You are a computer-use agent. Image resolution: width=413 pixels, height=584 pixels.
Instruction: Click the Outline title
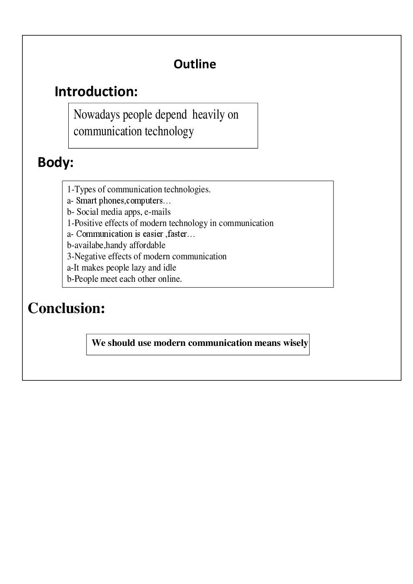pyautogui.click(x=194, y=64)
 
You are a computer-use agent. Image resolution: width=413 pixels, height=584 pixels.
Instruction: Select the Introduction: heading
pyautogui.click(x=96, y=92)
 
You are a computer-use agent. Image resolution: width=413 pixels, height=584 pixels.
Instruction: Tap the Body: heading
pyautogui.click(x=55, y=162)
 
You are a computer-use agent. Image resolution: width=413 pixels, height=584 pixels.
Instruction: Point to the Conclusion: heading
pyautogui.click(x=66, y=308)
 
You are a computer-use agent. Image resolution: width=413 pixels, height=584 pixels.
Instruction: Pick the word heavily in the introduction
pyautogui.click(x=209, y=115)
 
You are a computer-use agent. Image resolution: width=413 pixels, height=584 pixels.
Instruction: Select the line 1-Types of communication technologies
pyautogui.click(x=139, y=190)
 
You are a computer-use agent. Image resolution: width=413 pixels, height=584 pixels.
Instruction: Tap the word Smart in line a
pyautogui.click(x=86, y=201)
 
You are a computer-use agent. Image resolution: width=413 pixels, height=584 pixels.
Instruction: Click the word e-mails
pyautogui.click(x=157, y=212)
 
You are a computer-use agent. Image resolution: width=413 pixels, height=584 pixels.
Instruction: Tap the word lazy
pyautogui.click(x=137, y=268)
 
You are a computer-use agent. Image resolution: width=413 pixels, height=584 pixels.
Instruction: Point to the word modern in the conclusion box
pyautogui.click(x=169, y=343)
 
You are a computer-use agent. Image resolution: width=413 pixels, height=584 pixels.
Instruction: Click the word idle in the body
pyautogui.click(x=169, y=268)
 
